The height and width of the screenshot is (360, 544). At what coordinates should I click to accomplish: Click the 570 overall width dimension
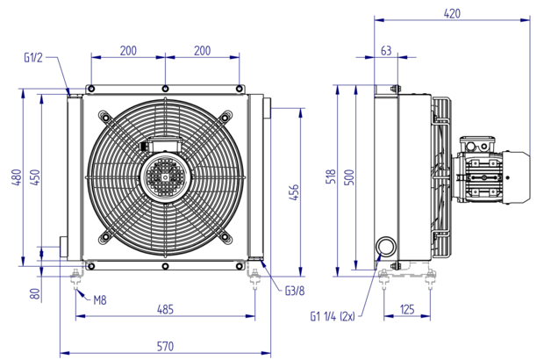tap(165, 347)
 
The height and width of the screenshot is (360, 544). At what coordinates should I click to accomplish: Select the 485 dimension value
tap(165, 309)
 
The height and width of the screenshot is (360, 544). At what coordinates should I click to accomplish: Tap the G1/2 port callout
tap(33, 58)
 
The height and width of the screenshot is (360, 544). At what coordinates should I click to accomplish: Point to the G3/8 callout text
tap(295, 291)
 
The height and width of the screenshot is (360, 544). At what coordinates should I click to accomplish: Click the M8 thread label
tap(100, 300)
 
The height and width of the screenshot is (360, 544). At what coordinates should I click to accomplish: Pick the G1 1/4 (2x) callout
tap(333, 317)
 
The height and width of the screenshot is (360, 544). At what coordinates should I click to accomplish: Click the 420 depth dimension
tap(452, 13)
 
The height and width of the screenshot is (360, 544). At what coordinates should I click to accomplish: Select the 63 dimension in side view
tap(386, 51)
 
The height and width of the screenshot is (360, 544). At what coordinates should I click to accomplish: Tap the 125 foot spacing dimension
tap(407, 309)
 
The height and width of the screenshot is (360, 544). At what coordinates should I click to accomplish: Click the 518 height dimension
tap(332, 176)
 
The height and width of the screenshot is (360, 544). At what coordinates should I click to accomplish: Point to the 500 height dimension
tap(350, 177)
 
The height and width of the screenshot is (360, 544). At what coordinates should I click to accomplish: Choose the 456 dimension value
tap(294, 192)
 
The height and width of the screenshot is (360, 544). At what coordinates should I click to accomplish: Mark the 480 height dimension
tap(17, 177)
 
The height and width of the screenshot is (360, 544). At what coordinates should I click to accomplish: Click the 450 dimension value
tap(35, 177)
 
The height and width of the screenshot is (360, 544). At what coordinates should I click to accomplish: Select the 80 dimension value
tap(35, 294)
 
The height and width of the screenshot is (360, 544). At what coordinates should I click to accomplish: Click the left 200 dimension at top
tap(128, 51)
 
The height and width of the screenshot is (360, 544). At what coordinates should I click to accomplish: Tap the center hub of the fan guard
tap(166, 177)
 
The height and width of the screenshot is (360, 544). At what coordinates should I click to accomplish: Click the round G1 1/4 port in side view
tap(386, 246)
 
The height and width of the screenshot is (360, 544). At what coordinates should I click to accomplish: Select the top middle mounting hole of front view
tap(166, 89)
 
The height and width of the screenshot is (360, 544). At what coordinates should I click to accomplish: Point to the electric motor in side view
tap(491, 170)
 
